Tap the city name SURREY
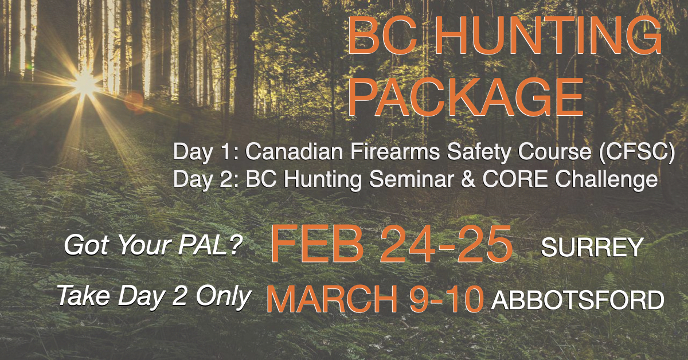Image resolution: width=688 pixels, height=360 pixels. [592, 248]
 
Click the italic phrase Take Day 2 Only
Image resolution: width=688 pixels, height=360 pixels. [154, 296]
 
